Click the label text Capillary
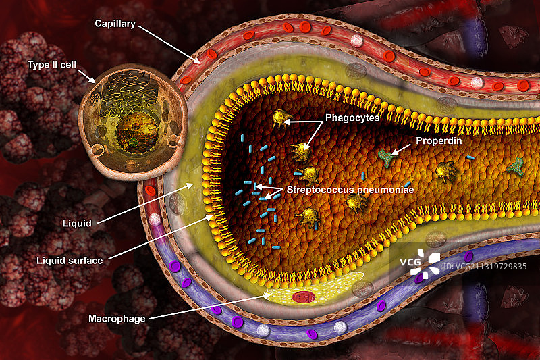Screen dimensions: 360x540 click(115, 24)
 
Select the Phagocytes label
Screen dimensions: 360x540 click(352, 117)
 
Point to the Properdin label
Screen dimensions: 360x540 click(438, 141)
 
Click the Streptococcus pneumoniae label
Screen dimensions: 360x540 click(350, 190)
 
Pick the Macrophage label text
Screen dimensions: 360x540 click(117, 318)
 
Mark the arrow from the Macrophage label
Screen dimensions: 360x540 click(209, 307)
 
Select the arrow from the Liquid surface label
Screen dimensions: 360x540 click(159, 236)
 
